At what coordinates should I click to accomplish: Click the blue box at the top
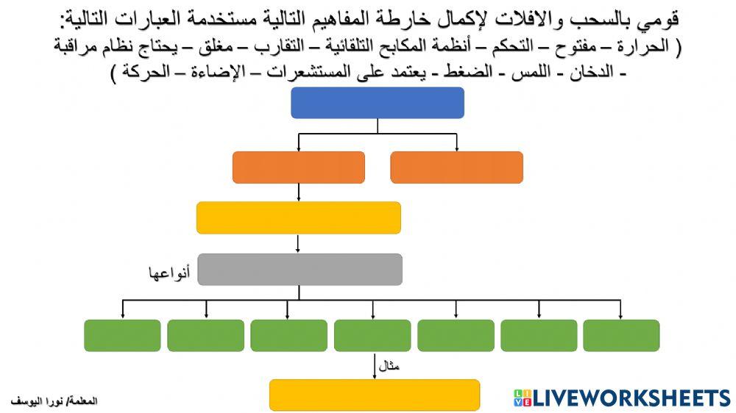coord(378,102)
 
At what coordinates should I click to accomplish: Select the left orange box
coord(298,167)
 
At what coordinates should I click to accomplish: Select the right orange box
coord(456,167)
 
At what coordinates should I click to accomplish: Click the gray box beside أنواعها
coord(300,269)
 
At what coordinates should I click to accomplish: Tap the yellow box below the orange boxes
coord(298,218)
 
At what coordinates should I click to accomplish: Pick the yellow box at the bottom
coord(374,395)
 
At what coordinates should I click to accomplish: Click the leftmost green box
coord(122,335)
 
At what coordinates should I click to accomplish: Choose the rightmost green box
coord(621,335)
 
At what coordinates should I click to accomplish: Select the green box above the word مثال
coord(372,335)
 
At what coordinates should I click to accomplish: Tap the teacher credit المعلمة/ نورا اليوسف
coord(54,401)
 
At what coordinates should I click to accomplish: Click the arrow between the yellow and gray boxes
coord(298,243)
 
